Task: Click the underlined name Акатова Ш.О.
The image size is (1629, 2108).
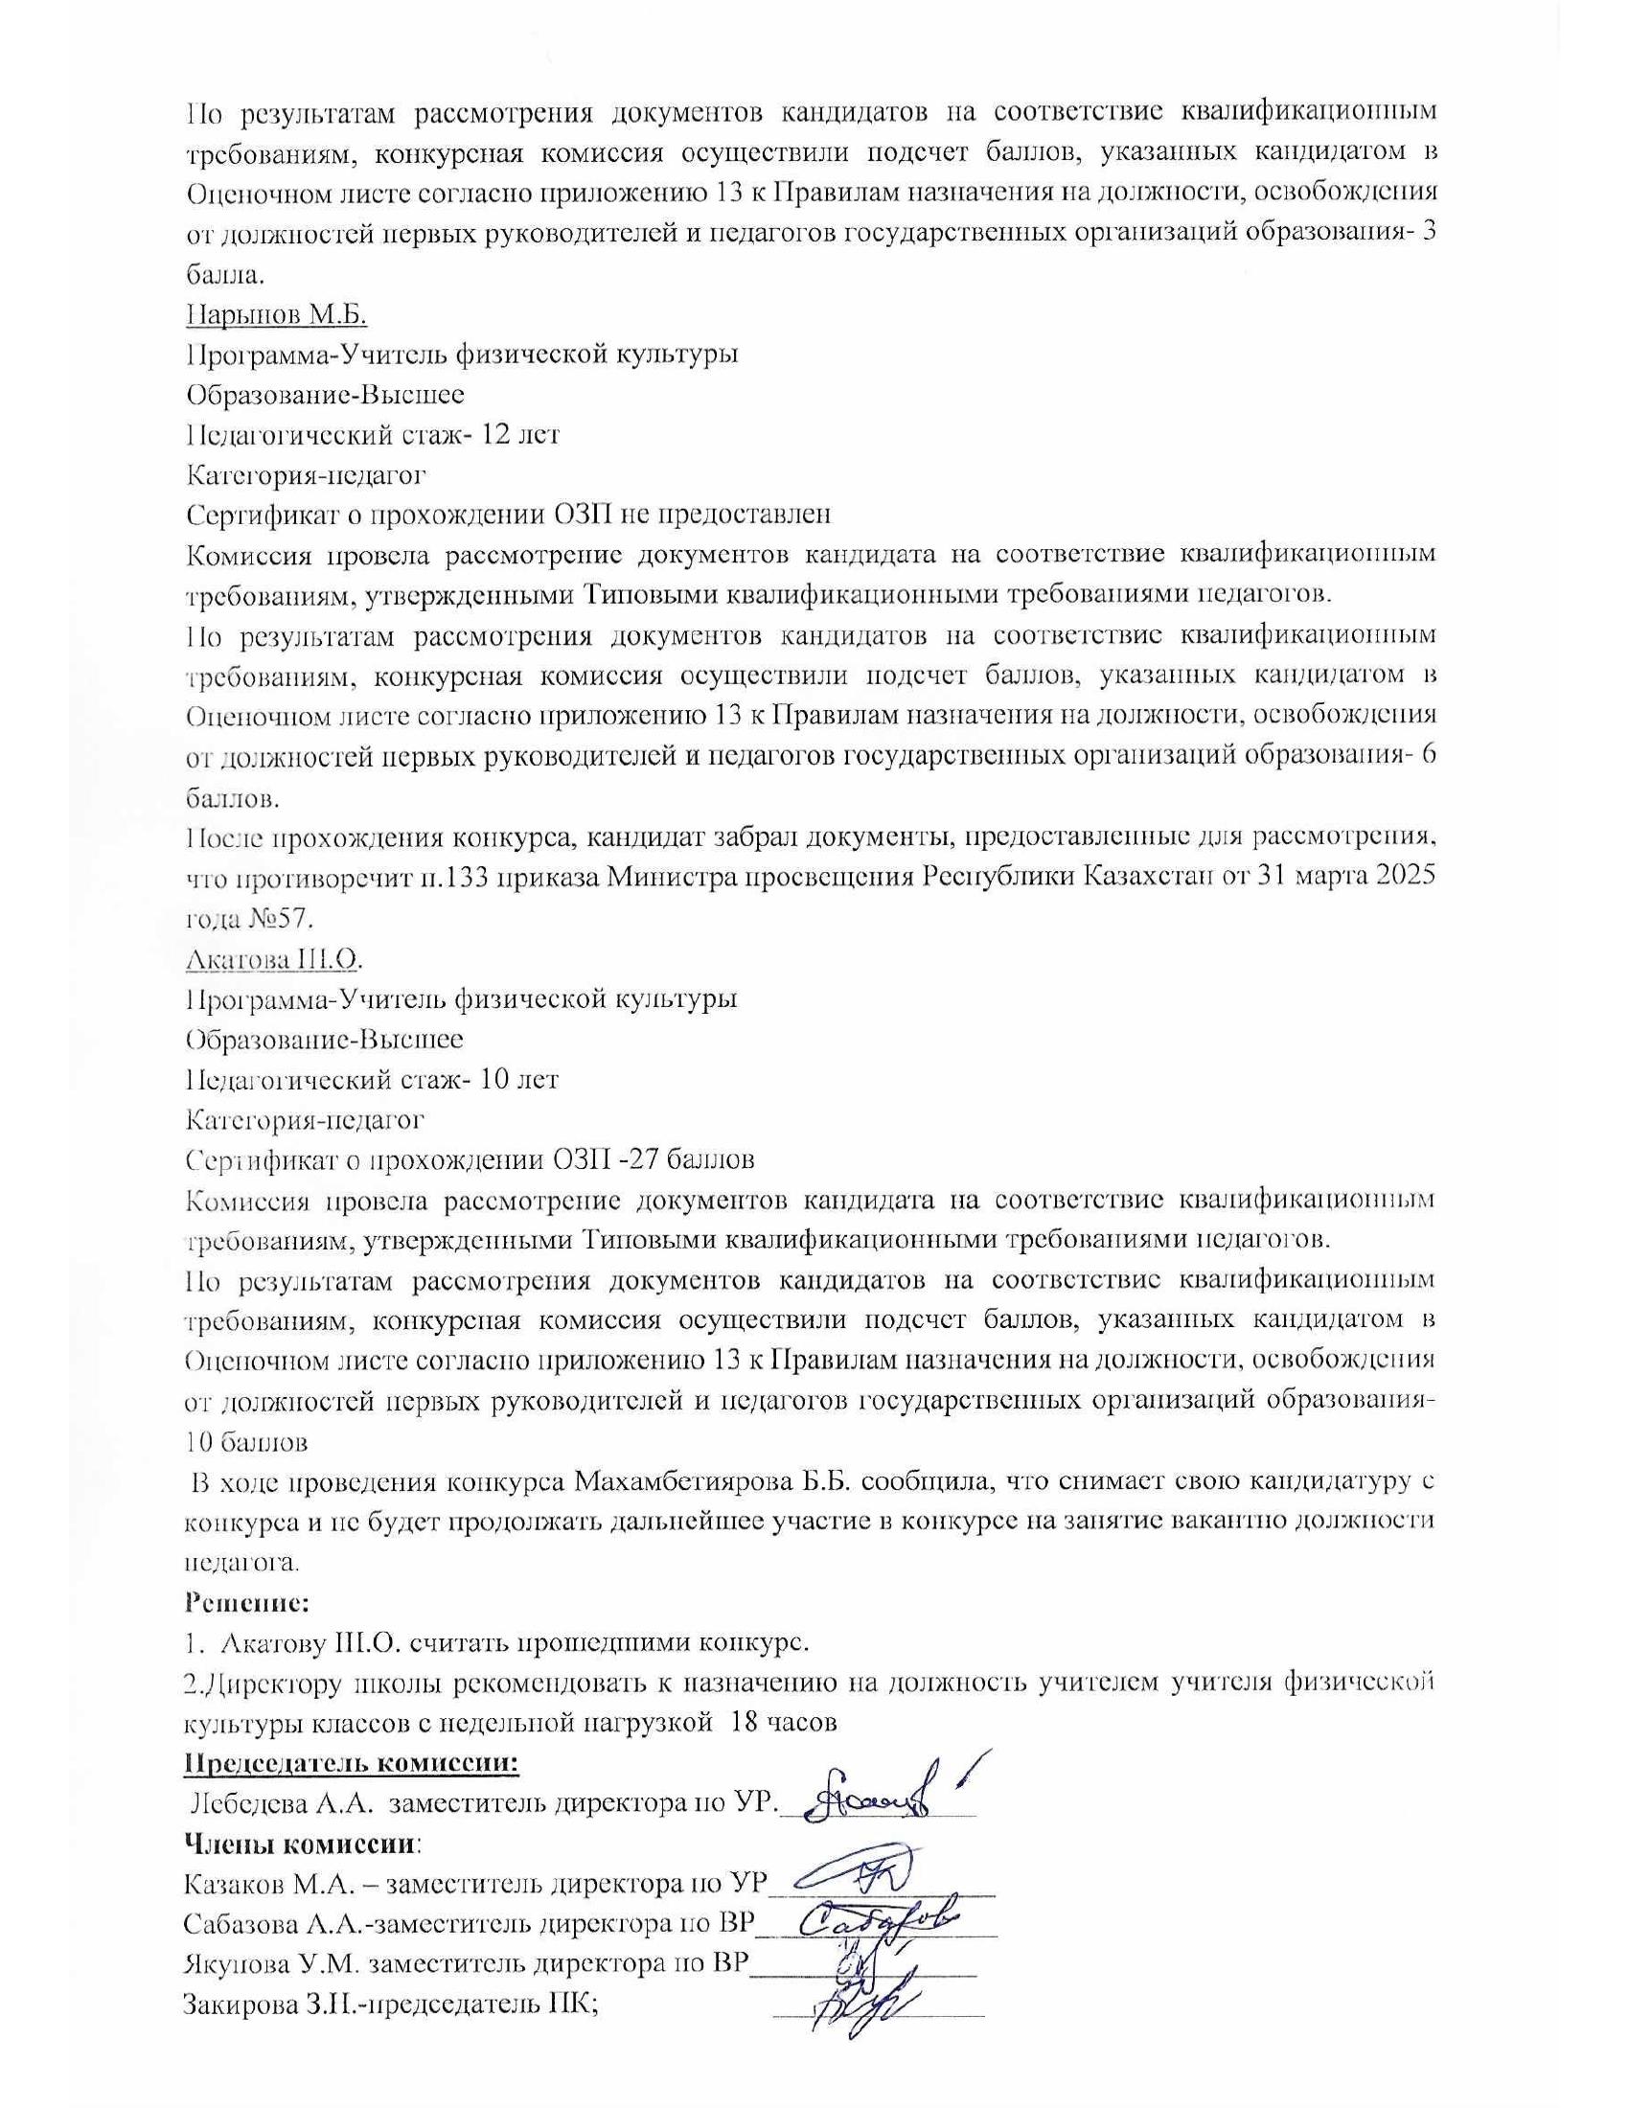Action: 273,960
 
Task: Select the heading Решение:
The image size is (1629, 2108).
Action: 246,1605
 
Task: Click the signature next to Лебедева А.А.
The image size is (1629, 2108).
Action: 879,1796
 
